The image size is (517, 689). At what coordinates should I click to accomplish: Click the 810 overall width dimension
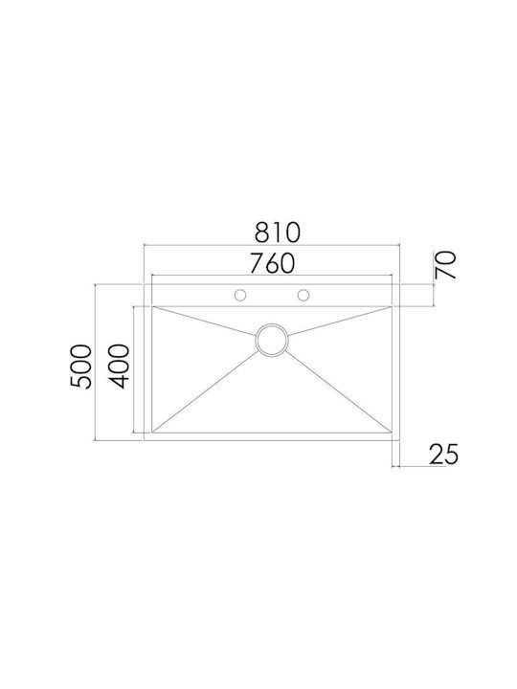pos(278,233)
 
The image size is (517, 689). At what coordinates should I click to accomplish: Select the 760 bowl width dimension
pos(271,263)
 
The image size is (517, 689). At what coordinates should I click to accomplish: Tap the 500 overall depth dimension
pos(80,367)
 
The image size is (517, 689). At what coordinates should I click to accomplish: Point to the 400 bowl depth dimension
pos(119,367)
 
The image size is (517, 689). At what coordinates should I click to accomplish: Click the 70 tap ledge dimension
pos(445,264)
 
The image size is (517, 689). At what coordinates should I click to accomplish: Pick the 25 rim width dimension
pos(443,454)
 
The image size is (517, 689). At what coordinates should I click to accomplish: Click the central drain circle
pos(272,340)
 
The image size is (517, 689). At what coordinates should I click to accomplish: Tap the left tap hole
pos(240,296)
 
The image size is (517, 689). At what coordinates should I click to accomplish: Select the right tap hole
pos(303,296)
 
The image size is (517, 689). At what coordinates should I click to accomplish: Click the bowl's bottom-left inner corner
pos(152,433)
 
